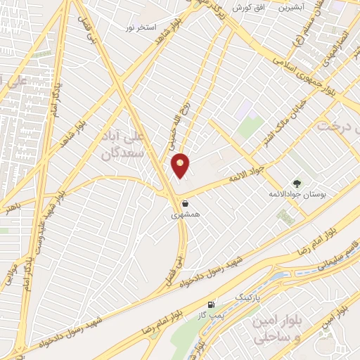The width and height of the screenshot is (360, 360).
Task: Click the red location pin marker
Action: (181, 165)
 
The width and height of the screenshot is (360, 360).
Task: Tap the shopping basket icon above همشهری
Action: (185, 203)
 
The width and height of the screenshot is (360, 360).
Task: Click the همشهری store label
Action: (186, 214)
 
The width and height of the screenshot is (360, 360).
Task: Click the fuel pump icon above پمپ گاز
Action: (212, 304)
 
